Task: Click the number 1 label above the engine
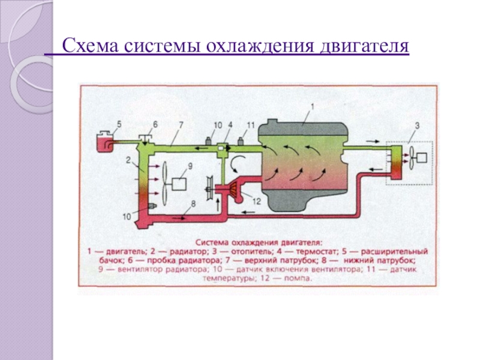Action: click(311, 107)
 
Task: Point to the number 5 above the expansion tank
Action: click(118, 124)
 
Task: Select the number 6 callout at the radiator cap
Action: click(154, 124)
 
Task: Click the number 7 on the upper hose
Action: click(180, 125)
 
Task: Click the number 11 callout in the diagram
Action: click(251, 125)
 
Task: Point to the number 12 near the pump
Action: click(257, 202)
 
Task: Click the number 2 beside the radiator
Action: click(128, 160)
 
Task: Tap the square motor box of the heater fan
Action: click(423, 158)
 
